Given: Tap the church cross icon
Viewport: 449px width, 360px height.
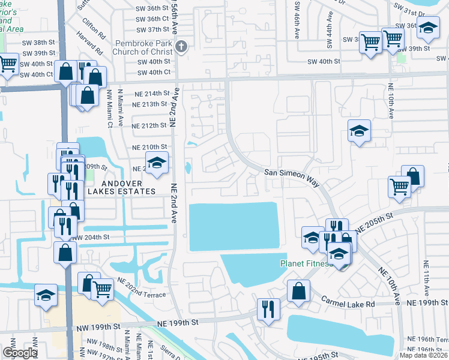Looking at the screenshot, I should (182, 47).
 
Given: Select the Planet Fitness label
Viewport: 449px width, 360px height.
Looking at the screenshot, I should (306, 263).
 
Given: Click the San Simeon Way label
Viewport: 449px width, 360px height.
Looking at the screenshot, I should (292, 172).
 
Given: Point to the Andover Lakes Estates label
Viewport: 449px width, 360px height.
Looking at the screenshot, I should (122, 187).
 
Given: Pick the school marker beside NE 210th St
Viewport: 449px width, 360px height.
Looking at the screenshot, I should (157, 163).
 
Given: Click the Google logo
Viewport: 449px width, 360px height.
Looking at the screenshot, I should (19, 353).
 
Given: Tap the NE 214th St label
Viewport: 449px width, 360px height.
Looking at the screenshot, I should (149, 94).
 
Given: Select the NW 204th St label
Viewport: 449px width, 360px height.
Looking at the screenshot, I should (91, 237).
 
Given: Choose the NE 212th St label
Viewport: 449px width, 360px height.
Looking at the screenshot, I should (149, 125).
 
